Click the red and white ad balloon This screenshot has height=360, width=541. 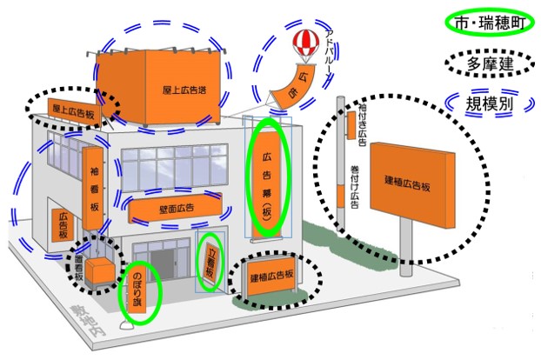[304, 43]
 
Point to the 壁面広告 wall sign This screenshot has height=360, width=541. [174, 209]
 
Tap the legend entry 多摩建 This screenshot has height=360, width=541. [487, 63]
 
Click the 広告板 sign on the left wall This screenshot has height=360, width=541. [62, 225]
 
